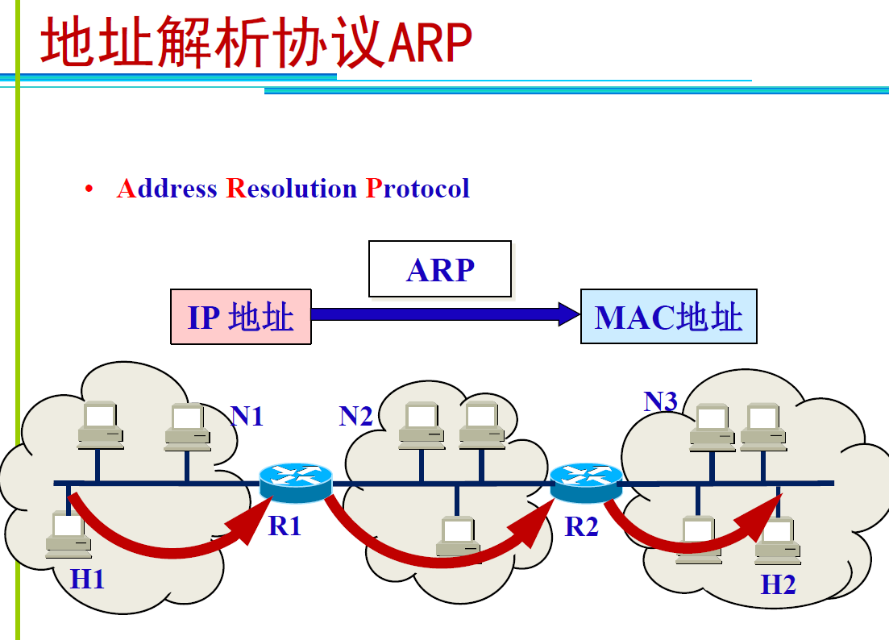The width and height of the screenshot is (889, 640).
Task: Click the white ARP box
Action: click(440, 269)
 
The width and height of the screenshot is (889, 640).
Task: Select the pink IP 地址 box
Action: click(241, 318)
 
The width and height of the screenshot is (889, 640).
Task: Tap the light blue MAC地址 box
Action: click(668, 317)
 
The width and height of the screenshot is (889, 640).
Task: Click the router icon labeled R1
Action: click(296, 483)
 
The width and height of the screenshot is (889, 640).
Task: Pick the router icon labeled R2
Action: click(586, 482)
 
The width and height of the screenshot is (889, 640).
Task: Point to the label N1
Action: click(247, 417)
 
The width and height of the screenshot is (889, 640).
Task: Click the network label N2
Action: click(356, 416)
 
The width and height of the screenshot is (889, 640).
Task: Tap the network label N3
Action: click(661, 401)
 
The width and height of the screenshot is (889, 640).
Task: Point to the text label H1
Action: click(87, 578)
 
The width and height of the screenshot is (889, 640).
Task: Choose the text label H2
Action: click(779, 584)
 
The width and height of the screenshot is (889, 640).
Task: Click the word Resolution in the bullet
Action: click(291, 189)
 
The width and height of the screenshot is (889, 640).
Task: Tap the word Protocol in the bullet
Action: click(417, 189)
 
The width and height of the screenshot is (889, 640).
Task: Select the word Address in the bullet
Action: click(167, 189)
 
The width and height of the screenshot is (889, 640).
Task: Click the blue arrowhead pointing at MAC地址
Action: click(568, 314)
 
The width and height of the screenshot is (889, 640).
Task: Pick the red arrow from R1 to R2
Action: click(435, 552)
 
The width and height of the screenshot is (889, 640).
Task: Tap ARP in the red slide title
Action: click(430, 44)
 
